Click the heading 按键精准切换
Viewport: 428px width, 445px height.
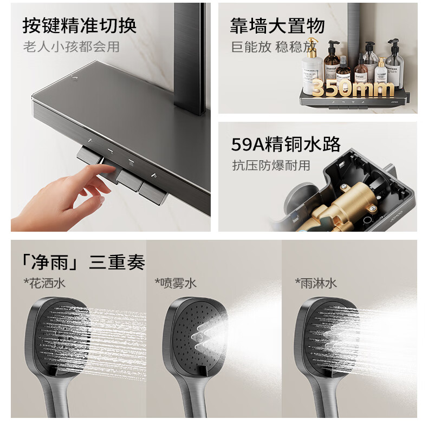pos(80,25)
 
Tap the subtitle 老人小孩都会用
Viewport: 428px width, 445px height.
pos(72,47)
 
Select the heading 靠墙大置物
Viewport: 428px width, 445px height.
pos(277,26)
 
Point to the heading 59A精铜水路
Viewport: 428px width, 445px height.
pos(286,144)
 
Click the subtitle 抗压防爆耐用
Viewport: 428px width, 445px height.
pos(271,165)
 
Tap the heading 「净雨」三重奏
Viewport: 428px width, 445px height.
pos(83,261)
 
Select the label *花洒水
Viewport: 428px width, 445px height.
pos(44,283)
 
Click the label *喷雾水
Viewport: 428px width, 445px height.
pos(175,283)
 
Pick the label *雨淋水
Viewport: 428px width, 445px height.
pos(315,283)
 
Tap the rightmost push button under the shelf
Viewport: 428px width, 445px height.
pos(153,193)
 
